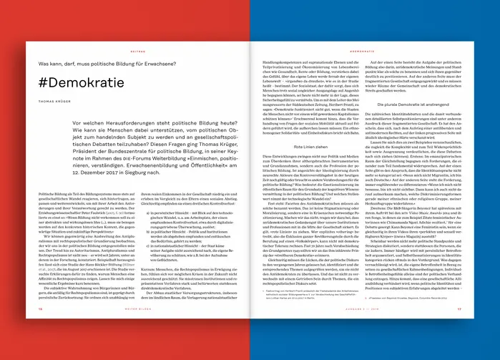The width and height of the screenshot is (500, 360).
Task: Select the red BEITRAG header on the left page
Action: point(137,52)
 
